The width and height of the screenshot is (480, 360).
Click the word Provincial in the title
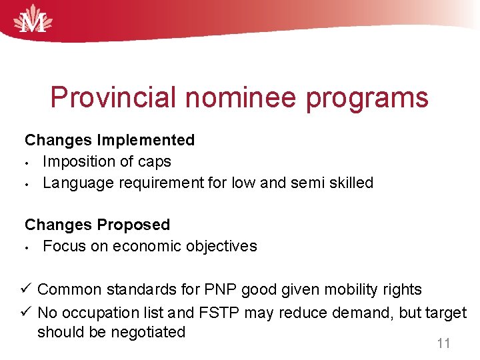coord(114,98)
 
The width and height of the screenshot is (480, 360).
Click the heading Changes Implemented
coord(110,140)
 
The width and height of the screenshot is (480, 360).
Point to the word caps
coord(155,162)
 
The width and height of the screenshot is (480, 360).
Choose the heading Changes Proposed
coord(97,225)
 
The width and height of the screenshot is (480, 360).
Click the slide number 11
coord(443,344)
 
